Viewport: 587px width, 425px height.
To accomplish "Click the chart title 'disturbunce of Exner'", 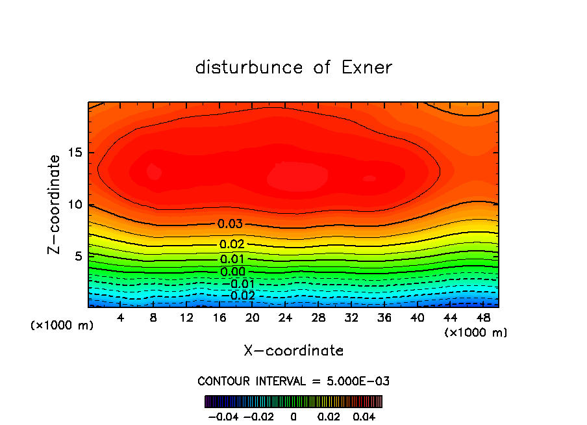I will [293, 68].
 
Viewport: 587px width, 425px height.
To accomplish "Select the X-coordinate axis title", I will [293, 350].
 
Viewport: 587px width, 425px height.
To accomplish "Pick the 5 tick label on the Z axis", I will [77, 256].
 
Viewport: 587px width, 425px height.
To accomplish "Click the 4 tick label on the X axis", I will [121, 317].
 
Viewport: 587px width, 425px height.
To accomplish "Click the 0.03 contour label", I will [231, 224].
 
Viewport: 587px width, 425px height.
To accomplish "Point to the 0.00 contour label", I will [232, 272].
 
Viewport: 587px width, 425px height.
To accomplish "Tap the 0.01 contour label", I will [232, 260].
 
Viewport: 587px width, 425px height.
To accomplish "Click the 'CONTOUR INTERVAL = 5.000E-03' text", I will [293, 381].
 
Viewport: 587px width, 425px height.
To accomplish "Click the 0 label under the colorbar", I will [293, 415].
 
